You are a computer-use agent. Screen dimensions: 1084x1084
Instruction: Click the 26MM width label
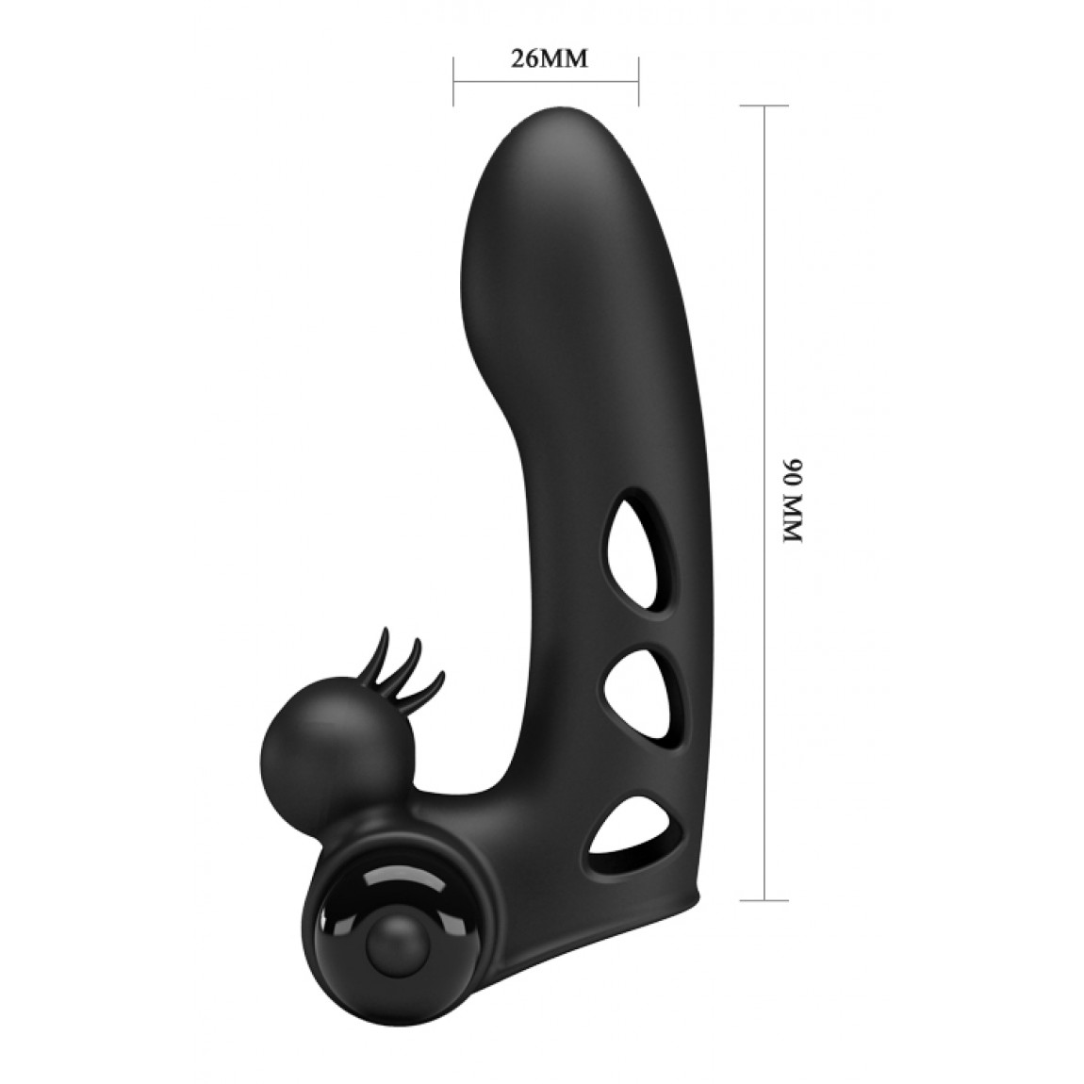click(x=549, y=59)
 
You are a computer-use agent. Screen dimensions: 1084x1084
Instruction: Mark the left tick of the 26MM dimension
click(x=453, y=82)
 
